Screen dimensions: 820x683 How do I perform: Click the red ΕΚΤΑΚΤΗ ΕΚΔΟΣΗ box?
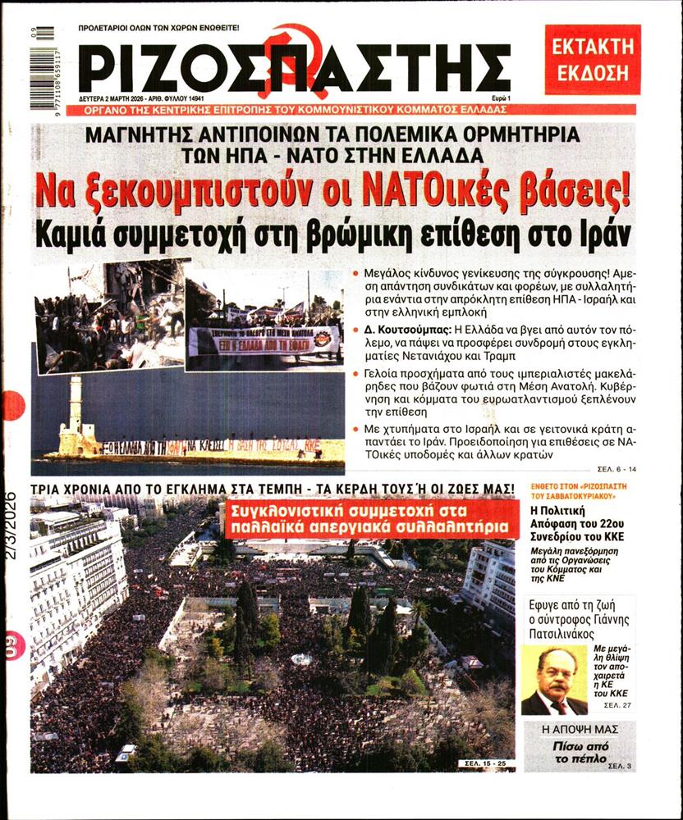point(592,58)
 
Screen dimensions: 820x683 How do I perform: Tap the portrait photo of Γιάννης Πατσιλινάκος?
point(554,681)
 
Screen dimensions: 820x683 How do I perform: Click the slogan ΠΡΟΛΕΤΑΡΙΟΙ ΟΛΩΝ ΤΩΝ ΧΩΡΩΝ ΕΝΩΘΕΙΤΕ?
point(158,28)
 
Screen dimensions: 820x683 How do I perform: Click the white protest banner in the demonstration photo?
point(264,339)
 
